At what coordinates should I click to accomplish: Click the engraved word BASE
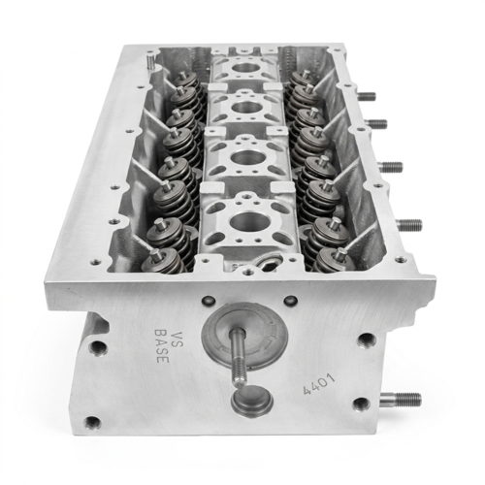click(162, 346)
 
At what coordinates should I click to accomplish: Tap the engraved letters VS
click(176, 339)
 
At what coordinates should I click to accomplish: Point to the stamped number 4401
click(319, 384)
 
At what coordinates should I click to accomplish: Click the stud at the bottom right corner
click(401, 400)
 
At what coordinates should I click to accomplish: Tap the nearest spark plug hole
click(250, 221)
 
